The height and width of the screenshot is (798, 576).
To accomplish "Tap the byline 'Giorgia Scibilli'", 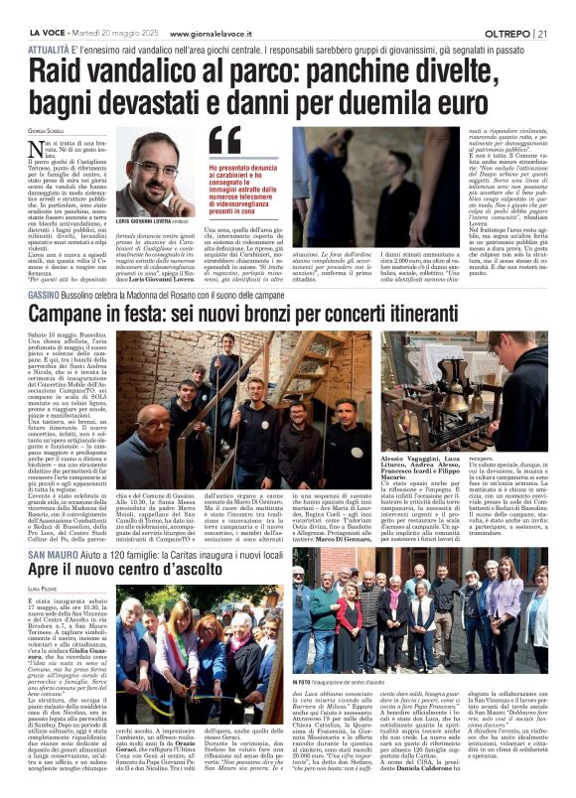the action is tap(47, 132).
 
